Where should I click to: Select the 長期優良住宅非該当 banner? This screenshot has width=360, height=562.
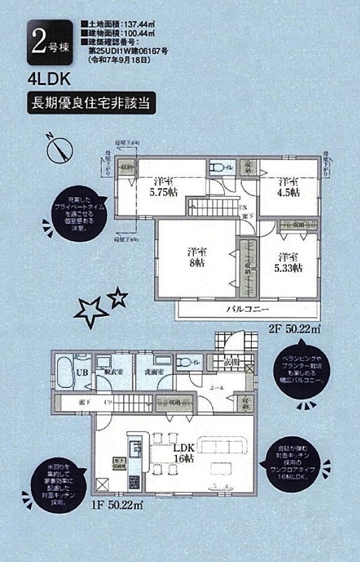coord(88,103)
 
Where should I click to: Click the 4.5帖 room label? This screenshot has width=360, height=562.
coord(288,185)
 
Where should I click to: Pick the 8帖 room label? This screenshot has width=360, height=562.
coord(195,256)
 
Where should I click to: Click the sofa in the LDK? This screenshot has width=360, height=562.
coord(223,447)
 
